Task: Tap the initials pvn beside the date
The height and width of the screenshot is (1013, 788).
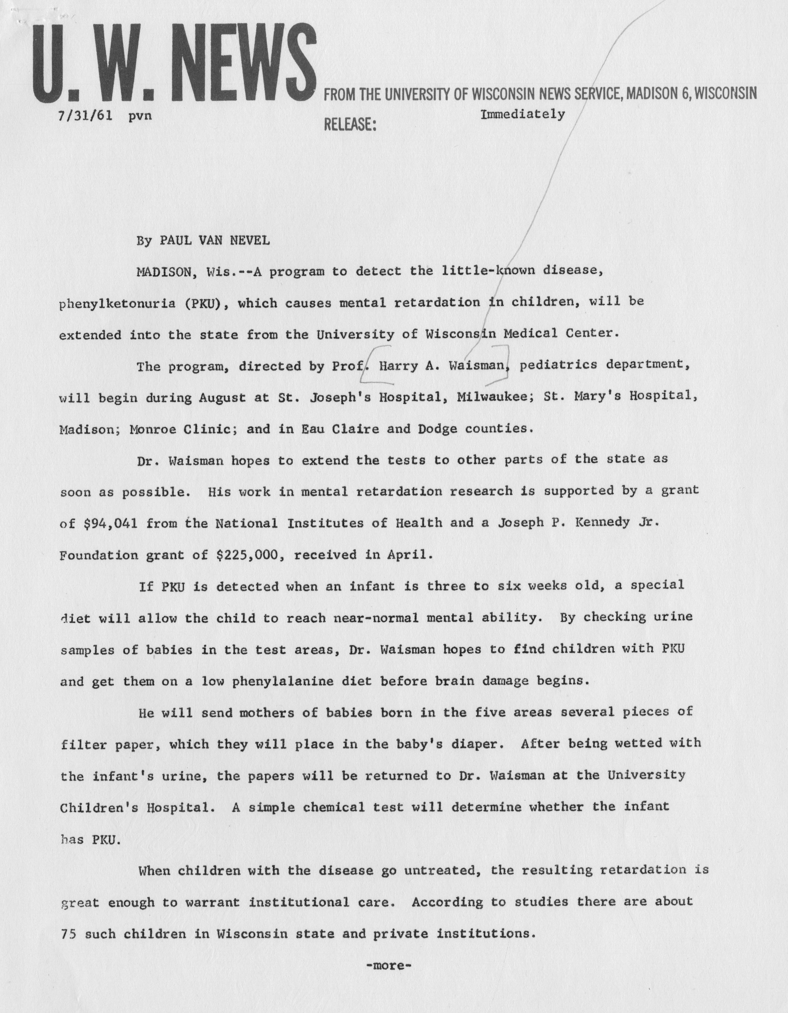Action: pyautogui.click(x=140, y=116)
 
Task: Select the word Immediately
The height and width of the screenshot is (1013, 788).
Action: pyautogui.click(x=523, y=114)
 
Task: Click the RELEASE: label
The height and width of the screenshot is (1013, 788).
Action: pyautogui.click(x=350, y=124)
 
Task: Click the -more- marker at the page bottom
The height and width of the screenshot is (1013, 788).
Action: pyautogui.click(x=388, y=966)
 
